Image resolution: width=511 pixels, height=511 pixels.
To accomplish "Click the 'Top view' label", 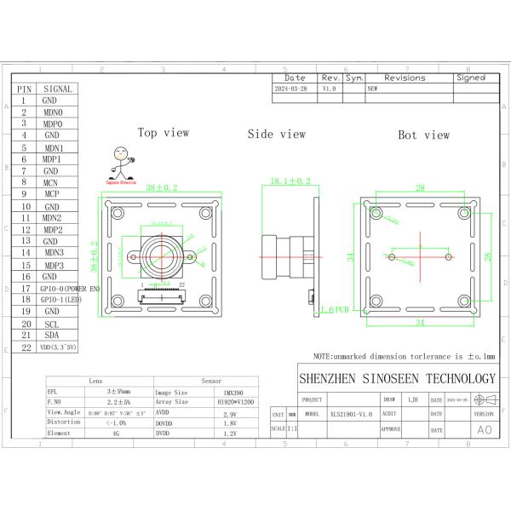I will tap(164, 133).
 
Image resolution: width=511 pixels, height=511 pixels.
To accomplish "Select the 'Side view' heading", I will tap(276, 134).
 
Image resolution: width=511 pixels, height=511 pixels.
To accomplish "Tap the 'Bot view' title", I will tap(423, 135).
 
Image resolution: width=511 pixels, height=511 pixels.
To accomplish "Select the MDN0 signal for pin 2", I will tap(52, 112).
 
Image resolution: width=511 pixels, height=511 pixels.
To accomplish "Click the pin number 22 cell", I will tap(25, 347).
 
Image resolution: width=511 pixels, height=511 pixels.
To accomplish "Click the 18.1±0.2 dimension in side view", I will tap(290, 181).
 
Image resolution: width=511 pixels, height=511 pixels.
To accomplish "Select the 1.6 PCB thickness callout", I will tap(332, 311).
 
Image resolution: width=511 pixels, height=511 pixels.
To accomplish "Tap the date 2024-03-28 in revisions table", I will tap(292, 88).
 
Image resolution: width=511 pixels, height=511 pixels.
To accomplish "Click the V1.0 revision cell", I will tap(330, 88).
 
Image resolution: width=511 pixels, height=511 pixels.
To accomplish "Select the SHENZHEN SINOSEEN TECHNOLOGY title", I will tap(396, 378).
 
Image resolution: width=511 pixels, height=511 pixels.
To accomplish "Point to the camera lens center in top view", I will tap(159, 253).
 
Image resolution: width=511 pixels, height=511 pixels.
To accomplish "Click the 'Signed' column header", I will tap(470, 77).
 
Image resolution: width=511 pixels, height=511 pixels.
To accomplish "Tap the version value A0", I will tap(483, 430).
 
